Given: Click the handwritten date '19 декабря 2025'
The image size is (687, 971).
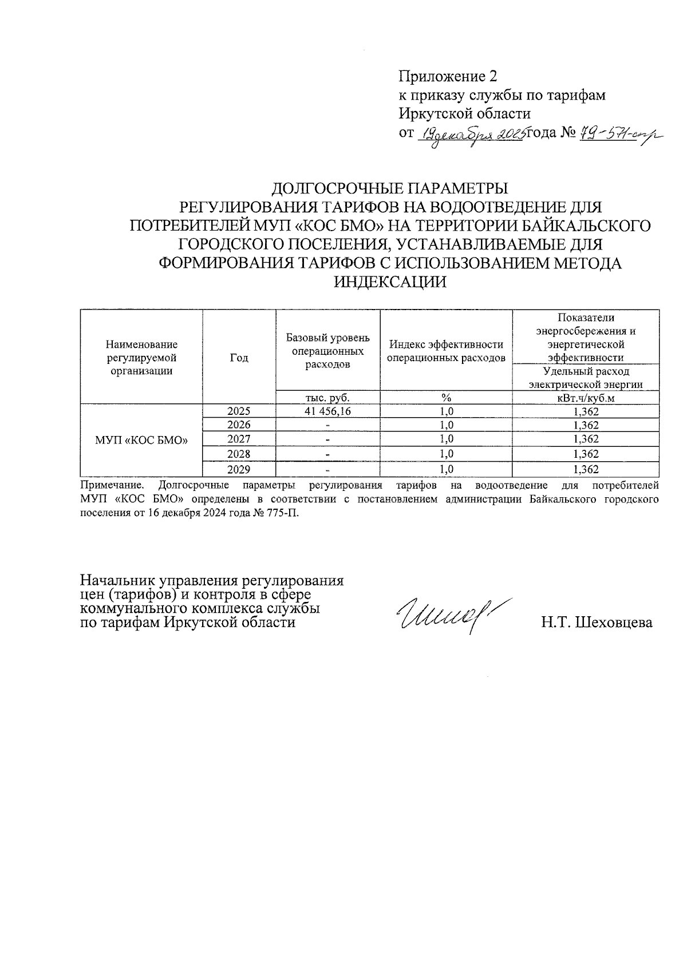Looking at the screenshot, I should point(473,136).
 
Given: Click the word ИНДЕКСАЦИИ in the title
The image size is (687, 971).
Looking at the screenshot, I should point(390,282).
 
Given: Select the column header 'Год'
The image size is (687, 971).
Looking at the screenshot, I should point(239,358).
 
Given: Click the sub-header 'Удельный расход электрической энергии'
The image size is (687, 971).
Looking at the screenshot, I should point(585,378).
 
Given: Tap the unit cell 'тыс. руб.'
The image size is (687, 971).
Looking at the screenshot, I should point(327,398).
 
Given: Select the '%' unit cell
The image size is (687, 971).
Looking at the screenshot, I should point(446,398).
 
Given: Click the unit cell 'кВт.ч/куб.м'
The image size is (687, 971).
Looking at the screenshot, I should point(585,398).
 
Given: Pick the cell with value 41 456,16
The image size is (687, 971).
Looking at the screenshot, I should point(327,411).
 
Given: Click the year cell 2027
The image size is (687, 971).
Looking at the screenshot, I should point(239,439).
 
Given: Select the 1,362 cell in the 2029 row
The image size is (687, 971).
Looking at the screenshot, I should point(585,469).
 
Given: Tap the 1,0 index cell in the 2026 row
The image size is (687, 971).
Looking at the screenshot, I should point(446,425).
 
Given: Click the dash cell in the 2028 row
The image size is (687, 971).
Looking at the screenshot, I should point(327,454).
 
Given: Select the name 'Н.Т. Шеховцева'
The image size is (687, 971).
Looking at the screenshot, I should point(597,622).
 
